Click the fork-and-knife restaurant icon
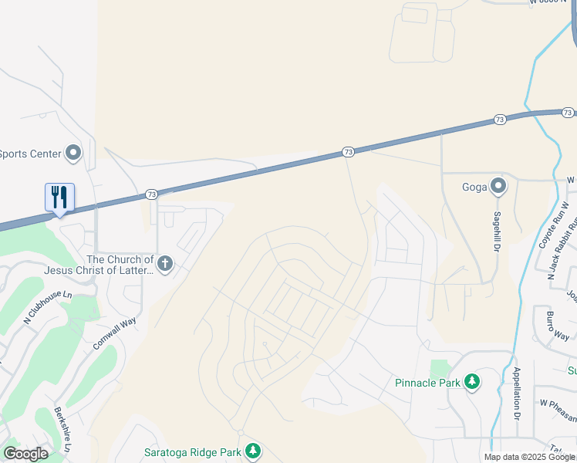(x=59, y=197)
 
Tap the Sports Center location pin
(x=74, y=153)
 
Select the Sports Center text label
(x=31, y=154)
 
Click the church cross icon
(x=164, y=265)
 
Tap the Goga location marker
(x=498, y=186)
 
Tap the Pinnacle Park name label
(x=427, y=382)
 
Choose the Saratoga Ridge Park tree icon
(x=253, y=451)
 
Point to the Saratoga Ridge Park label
(x=193, y=451)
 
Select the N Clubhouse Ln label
(x=48, y=308)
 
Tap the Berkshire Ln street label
(x=63, y=429)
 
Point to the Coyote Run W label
(x=548, y=225)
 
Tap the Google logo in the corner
(x=25, y=454)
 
